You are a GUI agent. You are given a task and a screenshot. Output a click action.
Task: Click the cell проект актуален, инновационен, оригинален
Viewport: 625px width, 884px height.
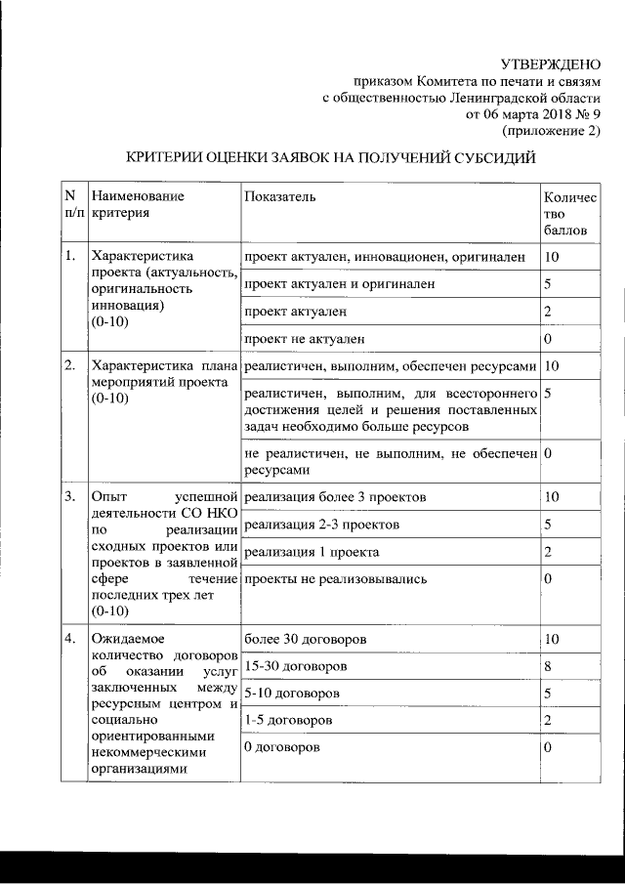(x=386, y=257)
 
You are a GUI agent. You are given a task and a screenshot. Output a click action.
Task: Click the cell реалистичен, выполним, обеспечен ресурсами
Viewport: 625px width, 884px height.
(x=390, y=366)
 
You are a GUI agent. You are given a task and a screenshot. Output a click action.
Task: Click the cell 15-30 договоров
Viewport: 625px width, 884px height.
(x=297, y=666)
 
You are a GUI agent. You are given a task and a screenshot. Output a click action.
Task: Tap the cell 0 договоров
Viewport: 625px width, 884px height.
(x=286, y=747)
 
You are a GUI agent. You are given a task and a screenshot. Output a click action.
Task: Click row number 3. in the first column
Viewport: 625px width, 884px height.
(x=70, y=497)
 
